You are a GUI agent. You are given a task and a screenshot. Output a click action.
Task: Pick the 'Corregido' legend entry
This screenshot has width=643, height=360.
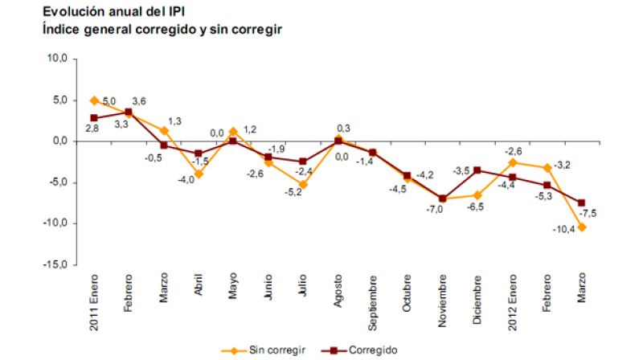pyautogui.click(x=358, y=350)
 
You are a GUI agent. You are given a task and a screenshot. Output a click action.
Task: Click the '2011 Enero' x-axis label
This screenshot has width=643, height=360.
pyautogui.click(x=94, y=298)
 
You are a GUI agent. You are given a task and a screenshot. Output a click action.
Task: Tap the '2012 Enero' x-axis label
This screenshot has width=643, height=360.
pyautogui.click(x=511, y=298)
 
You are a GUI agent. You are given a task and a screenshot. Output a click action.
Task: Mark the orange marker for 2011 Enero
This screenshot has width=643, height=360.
pyautogui.click(x=94, y=100)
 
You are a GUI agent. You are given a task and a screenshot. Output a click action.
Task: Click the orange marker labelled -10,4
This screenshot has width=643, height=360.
pyautogui.click(x=581, y=227)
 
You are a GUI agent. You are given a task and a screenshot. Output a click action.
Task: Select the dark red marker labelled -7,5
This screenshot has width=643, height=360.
pyautogui.click(x=581, y=202)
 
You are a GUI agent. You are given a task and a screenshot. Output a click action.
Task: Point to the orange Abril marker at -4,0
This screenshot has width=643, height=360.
pyautogui.click(x=198, y=174)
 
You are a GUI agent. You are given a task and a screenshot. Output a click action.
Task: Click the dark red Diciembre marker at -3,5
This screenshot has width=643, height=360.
pyautogui.click(x=477, y=170)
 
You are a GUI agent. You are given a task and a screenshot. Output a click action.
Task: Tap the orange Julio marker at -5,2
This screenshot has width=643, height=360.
pyautogui.click(x=303, y=184)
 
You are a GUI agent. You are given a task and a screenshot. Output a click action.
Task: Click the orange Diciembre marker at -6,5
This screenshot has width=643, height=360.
pyautogui.click(x=477, y=194)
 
